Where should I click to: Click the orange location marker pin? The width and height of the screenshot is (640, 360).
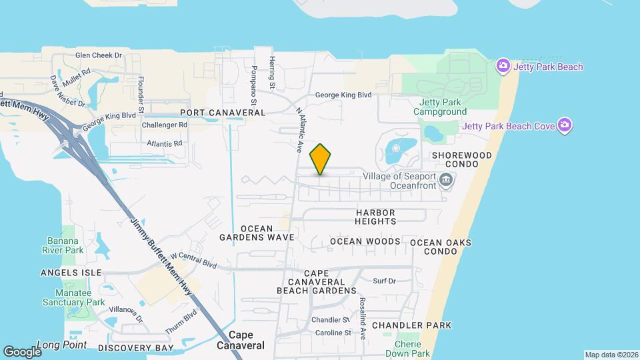tap(321, 159)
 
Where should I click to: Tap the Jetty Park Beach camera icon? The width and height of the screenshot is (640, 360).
tap(503, 66)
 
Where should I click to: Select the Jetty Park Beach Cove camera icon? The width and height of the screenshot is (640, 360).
tap(565, 125)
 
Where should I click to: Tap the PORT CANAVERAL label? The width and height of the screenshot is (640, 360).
tap(223, 113)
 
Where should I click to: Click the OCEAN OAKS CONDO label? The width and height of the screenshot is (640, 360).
tap(441, 247)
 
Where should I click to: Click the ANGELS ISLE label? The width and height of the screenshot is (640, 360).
tap(71, 273)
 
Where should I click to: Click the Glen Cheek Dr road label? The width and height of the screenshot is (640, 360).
tap(99, 56)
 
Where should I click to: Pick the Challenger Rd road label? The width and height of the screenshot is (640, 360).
tap(164, 125)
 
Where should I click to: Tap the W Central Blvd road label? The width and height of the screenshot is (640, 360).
tap(193, 260)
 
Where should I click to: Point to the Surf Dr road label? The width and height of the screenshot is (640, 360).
tap(385, 281)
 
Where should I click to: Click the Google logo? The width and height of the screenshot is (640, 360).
tap(22, 352)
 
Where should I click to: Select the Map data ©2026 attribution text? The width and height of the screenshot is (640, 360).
tap(610, 355)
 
